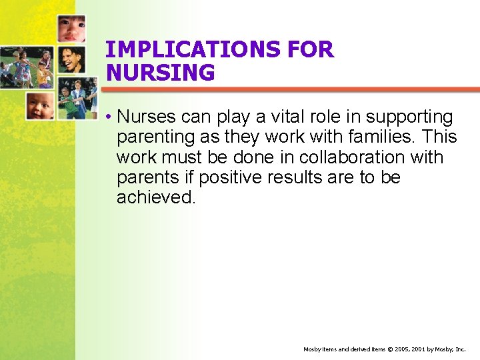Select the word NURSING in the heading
click(160, 73)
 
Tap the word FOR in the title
click(309, 49)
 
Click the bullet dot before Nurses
click(107, 118)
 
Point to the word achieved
click(156, 197)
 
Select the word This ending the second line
click(439, 137)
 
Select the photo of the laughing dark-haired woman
click(71, 60)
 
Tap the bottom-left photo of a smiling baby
click(40, 105)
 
